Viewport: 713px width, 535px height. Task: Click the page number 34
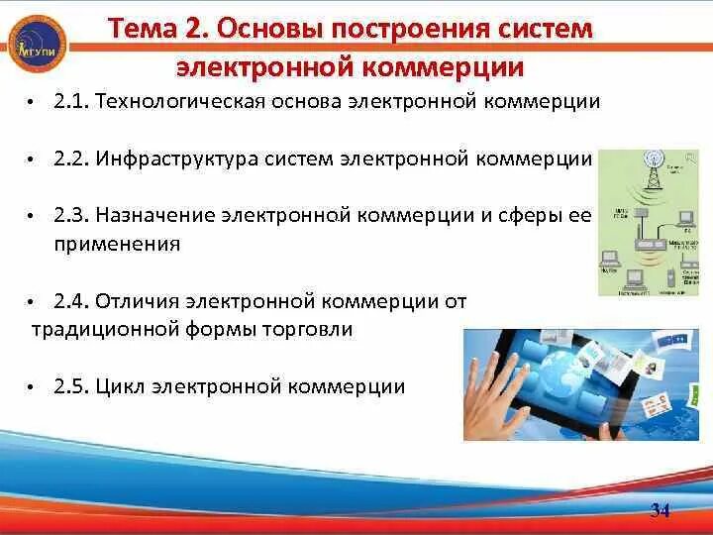[x=661, y=510]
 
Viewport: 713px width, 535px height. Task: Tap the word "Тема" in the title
[x=139, y=28]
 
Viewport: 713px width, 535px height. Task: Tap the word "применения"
[x=117, y=243]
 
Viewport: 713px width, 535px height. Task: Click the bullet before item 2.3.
[x=32, y=216]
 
